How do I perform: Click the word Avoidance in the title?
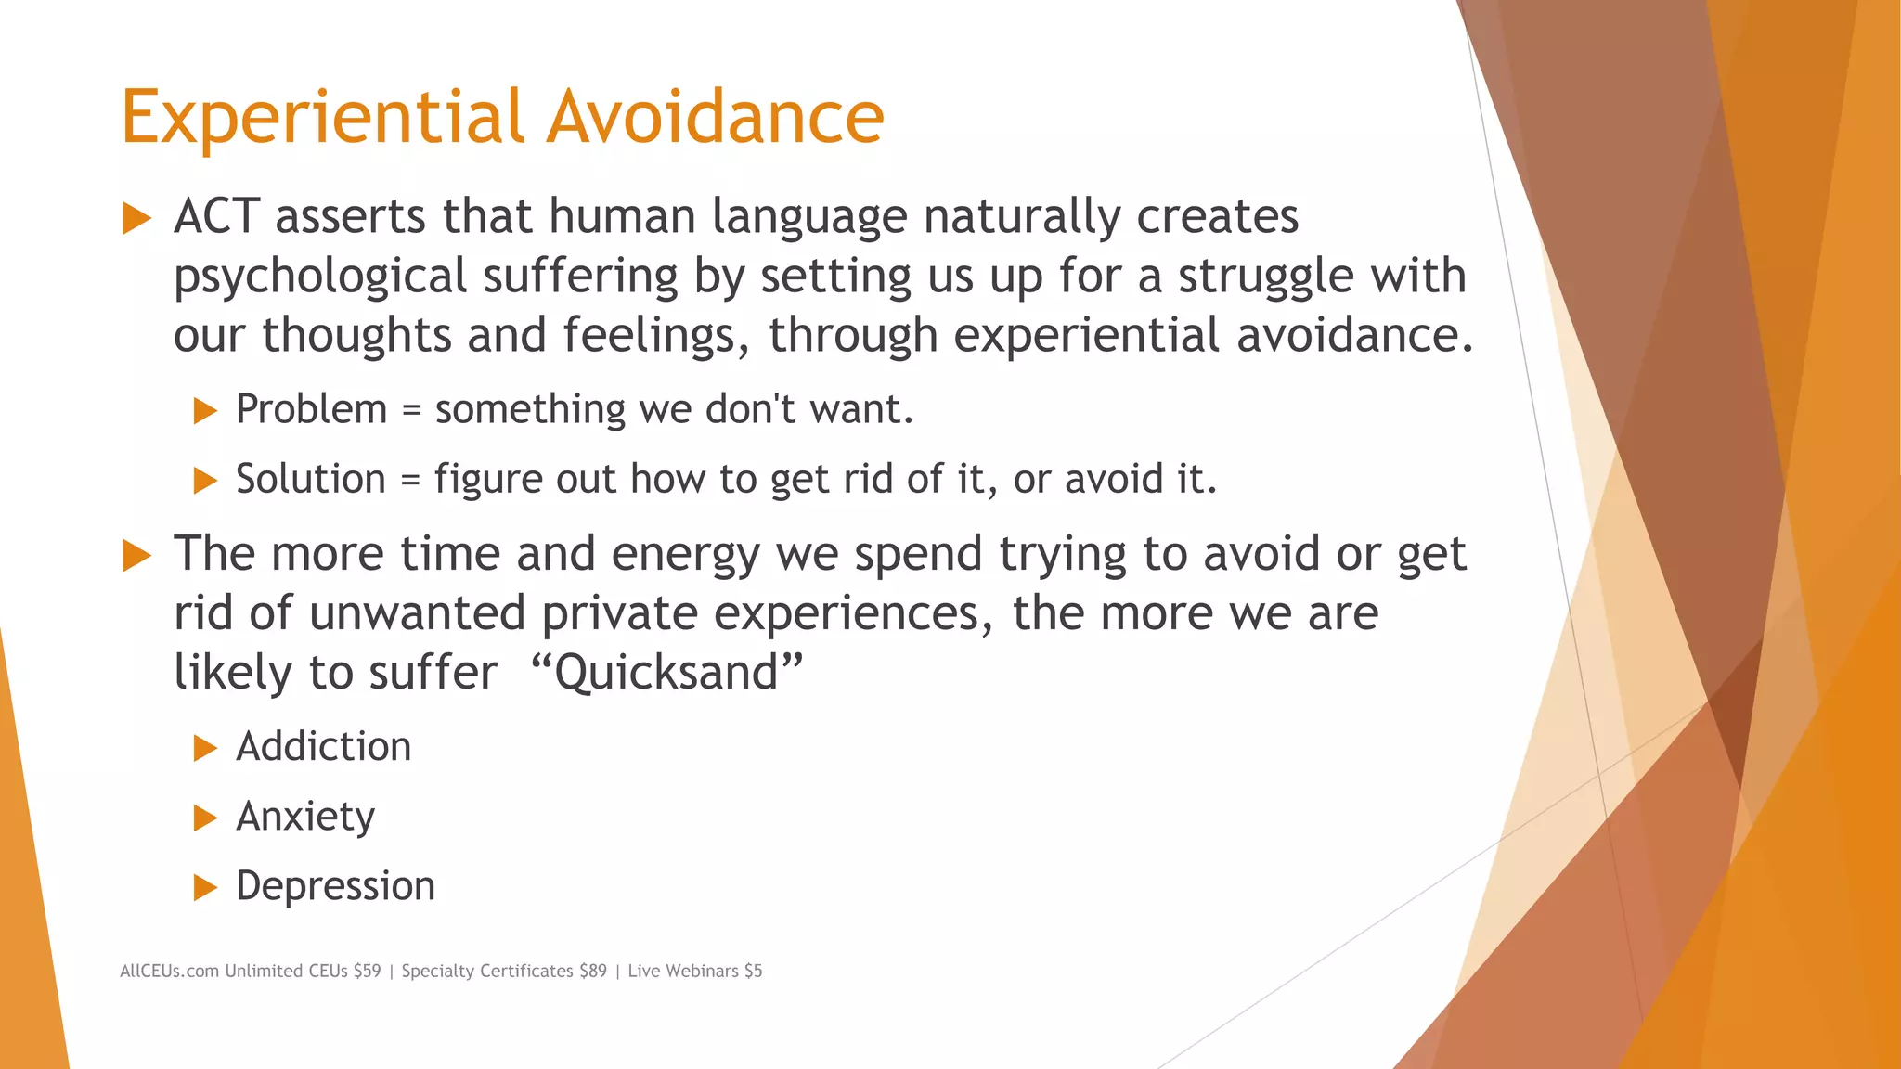(715, 117)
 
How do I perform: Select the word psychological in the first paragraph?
(320, 277)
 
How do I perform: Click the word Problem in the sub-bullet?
(311, 409)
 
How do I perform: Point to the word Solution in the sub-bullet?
(310, 479)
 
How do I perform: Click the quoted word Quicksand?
(666, 672)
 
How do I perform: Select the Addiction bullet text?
(323, 747)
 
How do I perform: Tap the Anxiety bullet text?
(305, 817)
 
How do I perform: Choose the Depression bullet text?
(335, 886)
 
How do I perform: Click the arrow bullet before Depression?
(205, 888)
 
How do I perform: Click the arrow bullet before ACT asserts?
(136, 219)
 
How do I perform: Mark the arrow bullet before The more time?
(136, 556)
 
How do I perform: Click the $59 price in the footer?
(367, 971)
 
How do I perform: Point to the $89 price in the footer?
(592, 971)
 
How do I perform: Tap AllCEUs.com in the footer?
(169, 971)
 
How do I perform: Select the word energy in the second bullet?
(686, 555)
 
